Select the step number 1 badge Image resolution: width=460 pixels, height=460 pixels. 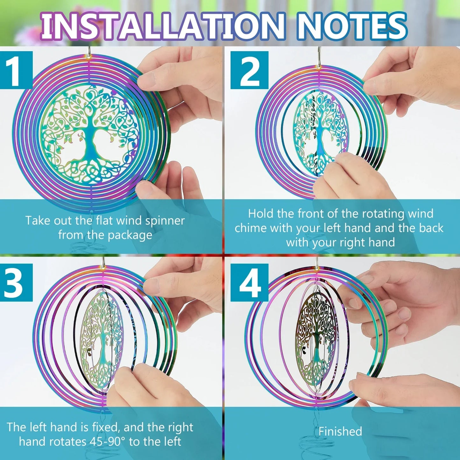pos(17,70)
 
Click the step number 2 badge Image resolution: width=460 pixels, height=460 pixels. pos(250,70)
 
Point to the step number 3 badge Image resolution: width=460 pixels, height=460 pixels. pos(17,282)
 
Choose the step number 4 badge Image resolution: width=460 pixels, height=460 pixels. pos(250,282)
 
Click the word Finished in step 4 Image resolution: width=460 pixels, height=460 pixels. pos(340,431)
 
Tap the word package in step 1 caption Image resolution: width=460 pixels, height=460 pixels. pos(130,236)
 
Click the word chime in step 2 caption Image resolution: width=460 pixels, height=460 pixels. pos(250,228)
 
